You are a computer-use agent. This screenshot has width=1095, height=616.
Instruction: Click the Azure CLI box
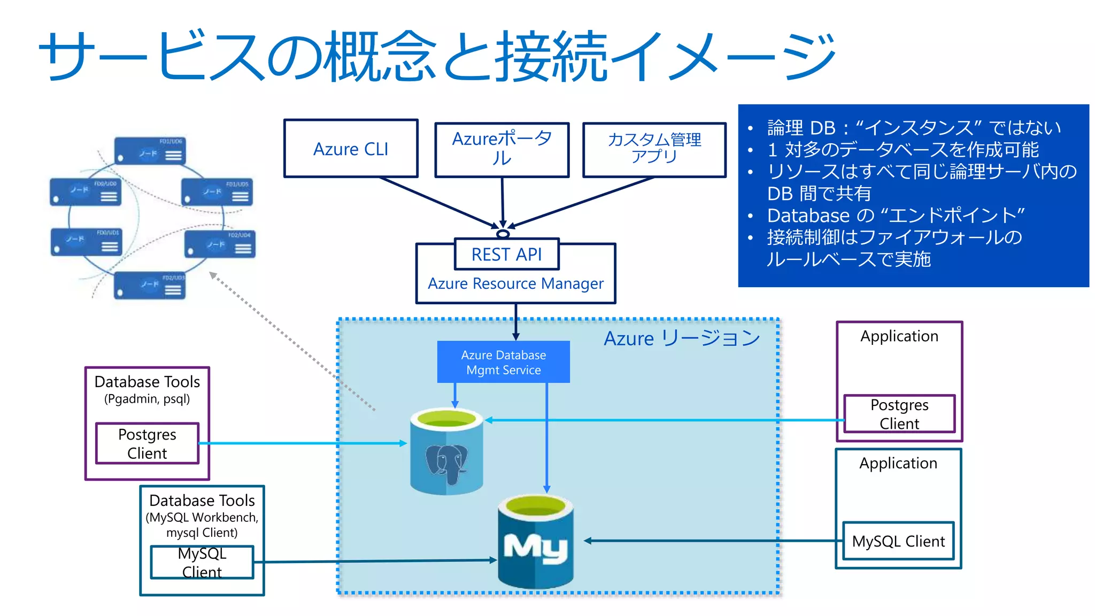click(351, 149)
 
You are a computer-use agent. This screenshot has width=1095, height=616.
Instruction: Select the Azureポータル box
click(502, 149)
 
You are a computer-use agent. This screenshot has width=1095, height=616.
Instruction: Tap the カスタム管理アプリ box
click(654, 149)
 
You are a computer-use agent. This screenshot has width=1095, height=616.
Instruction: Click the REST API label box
click(506, 255)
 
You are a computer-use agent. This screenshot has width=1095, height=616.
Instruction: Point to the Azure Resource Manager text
click(515, 283)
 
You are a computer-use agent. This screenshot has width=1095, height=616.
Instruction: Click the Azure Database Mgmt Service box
click(503, 362)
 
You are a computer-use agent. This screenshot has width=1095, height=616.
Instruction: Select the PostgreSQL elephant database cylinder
click(446, 452)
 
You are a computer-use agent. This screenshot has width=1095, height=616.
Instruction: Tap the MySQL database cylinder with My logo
click(535, 542)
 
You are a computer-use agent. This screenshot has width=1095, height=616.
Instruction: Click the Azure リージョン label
click(682, 338)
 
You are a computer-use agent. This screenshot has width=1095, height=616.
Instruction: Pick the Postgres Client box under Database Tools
click(147, 443)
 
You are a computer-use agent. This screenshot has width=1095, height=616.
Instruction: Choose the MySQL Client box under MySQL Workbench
click(202, 562)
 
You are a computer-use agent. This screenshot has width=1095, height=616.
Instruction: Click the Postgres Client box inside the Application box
click(899, 414)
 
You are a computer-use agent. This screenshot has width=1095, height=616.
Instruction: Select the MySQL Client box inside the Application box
click(898, 541)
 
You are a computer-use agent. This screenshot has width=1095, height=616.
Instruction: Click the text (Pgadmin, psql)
click(147, 399)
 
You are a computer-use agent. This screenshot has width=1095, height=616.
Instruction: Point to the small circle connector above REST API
click(503, 234)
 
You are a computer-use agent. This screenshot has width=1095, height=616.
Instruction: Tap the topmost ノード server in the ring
click(150, 151)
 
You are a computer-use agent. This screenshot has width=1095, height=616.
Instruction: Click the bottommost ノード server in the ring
click(150, 285)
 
